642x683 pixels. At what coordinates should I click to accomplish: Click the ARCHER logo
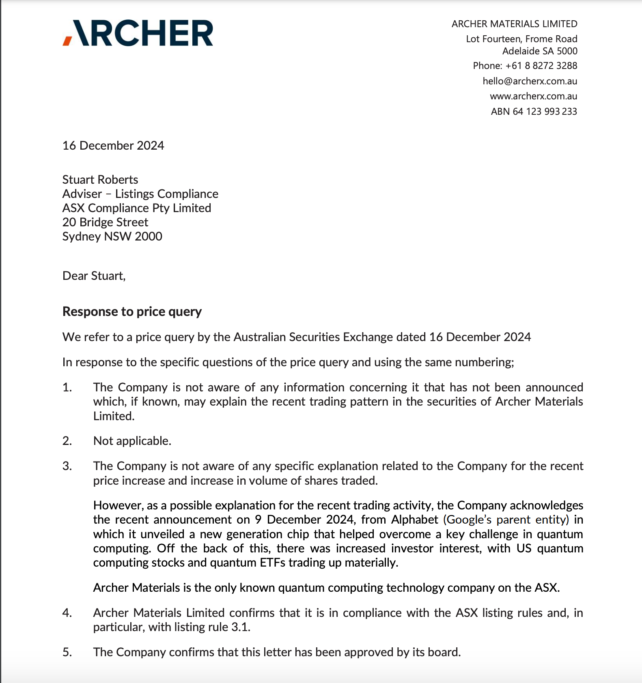coord(138,33)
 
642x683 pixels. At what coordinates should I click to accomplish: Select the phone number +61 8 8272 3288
coord(541,66)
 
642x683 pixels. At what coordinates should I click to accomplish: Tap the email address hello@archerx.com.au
coord(530,81)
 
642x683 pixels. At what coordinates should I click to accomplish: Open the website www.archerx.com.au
coord(533,97)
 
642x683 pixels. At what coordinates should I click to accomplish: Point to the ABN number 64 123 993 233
coord(545,112)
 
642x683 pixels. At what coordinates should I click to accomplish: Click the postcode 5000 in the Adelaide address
coord(567,51)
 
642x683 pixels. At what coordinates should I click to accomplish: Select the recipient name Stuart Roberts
coord(100,180)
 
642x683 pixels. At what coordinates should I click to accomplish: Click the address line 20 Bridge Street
coord(105,222)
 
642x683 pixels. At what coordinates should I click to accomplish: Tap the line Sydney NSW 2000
coord(112,236)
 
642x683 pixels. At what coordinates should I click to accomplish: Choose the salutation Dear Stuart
coord(94,276)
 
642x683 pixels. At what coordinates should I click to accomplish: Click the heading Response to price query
coord(132,311)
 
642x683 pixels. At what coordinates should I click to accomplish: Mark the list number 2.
coord(67,441)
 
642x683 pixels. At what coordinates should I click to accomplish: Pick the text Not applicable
coord(132,441)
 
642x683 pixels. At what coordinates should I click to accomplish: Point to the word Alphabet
coord(415,520)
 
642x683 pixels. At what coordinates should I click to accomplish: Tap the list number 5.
coord(67,652)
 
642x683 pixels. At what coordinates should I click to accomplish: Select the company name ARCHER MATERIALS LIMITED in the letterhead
coord(514,24)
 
